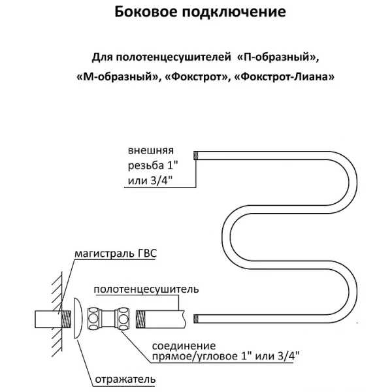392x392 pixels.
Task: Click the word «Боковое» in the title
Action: [x=146, y=12]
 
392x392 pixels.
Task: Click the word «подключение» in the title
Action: [x=234, y=12]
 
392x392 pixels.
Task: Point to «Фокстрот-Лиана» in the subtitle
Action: [x=284, y=76]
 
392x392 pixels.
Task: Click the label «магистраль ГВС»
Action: [x=116, y=253]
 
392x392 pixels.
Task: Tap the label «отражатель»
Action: [x=125, y=380]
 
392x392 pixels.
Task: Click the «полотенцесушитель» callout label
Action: [x=146, y=289]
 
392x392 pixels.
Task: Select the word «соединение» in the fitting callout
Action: [x=184, y=346]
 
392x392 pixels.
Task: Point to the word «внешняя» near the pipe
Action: [x=151, y=151]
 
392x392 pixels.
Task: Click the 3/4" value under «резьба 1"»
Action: [x=161, y=180]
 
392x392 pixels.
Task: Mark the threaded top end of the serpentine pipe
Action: [x=196, y=155]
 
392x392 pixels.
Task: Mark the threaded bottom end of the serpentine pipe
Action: [x=196, y=319]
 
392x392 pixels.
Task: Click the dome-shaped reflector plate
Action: [x=78, y=318]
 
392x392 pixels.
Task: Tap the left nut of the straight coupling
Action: [x=93, y=319]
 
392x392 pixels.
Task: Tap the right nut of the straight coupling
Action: [x=123, y=319]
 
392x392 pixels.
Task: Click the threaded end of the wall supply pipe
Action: [x=66, y=319]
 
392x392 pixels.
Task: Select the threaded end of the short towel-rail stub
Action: [x=140, y=319]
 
